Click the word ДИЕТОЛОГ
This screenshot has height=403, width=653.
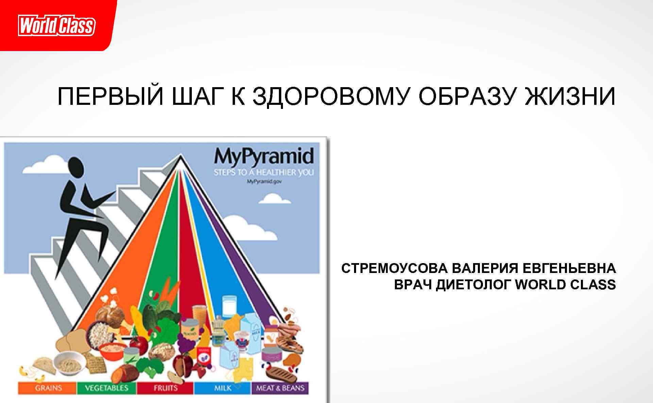pos(473,284)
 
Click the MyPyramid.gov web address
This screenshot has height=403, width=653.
pos(264,181)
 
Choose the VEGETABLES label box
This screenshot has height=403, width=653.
pos(106,388)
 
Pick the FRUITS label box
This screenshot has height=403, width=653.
pos(165,388)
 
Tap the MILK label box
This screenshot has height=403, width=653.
pos(222,388)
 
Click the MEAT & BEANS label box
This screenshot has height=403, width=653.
pos(280,388)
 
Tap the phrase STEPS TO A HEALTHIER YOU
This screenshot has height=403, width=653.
pos(264,173)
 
